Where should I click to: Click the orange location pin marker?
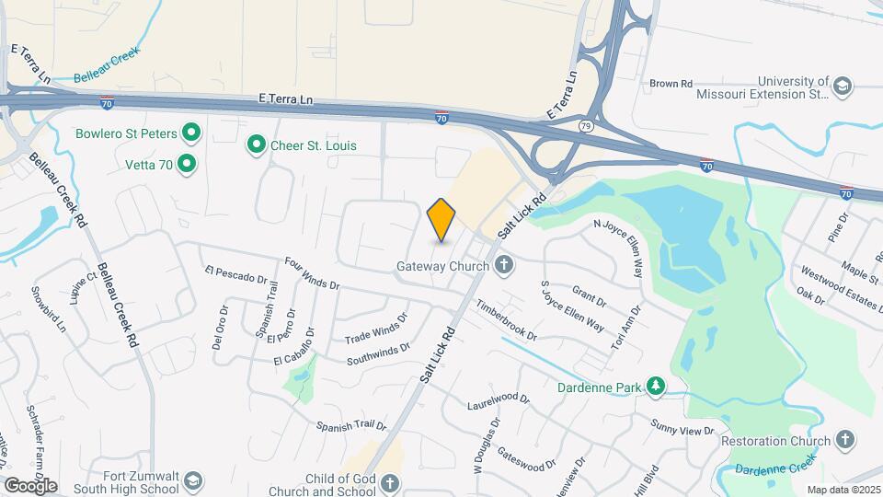[441, 219]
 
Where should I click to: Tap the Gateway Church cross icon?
[502, 266]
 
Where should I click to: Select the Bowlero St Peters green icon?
[191, 133]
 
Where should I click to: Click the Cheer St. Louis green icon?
[257, 145]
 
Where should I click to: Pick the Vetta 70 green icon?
[187, 165]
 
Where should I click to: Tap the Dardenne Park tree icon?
[655, 387]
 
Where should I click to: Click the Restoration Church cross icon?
[845, 441]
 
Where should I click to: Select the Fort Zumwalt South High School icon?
[193, 481]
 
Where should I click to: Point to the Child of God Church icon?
[390, 482]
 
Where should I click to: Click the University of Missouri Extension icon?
[842, 87]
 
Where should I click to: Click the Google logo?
[29, 485]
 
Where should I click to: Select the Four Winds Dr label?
[312, 275]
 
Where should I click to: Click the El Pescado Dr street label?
[235, 274]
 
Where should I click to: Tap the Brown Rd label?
[671, 84]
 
